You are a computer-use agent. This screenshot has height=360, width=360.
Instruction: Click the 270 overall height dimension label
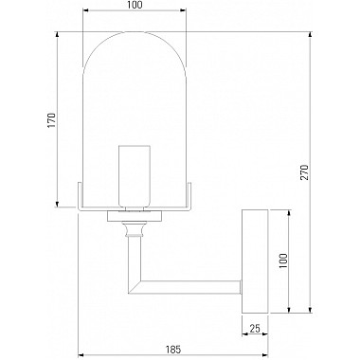pos(304,172)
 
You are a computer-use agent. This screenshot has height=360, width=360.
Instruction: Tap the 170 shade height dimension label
pos(51,120)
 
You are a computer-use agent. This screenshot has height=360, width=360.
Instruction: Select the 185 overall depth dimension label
pos(173,350)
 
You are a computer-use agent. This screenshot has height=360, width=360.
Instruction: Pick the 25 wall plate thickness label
pos(255,329)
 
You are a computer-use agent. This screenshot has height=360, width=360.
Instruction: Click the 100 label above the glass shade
pos(135,5)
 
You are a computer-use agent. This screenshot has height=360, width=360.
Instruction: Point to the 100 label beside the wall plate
pos(283,261)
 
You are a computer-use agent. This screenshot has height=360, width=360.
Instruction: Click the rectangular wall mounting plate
pos(255,261)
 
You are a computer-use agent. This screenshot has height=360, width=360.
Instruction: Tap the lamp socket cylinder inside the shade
pos(134,176)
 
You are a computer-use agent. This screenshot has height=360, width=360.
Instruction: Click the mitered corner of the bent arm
pos(135,287)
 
